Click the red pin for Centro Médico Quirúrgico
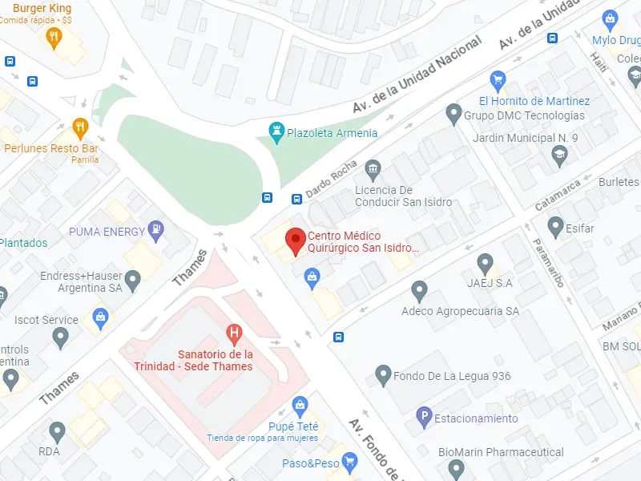pyautogui.click(x=296, y=239)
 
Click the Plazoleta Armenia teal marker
pyautogui.click(x=276, y=131)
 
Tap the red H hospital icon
pyautogui.click(x=234, y=333)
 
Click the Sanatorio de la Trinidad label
pyautogui.click(x=215, y=360)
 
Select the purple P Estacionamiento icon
pyautogui.click(x=424, y=417)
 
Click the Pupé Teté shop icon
pyautogui.click(x=300, y=404)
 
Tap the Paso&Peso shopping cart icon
pyautogui.click(x=349, y=463)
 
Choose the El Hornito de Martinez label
pyautogui.click(x=534, y=101)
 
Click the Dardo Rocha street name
pyautogui.click(x=329, y=177)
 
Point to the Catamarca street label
pyautogui.click(x=558, y=195)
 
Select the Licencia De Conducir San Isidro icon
pyautogui.click(x=373, y=169)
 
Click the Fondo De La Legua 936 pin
pyautogui.click(x=383, y=374)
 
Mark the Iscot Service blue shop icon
pyautogui.click(x=99, y=317)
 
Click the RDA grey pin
pyautogui.click(x=56, y=432)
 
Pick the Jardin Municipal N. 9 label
pyautogui.click(x=525, y=138)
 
